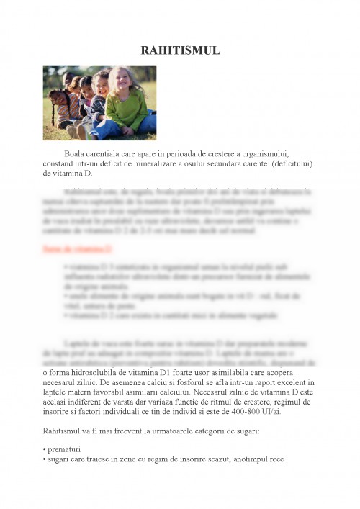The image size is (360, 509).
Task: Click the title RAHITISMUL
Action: tap(180, 50)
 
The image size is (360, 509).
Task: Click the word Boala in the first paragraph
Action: tap(76, 154)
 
